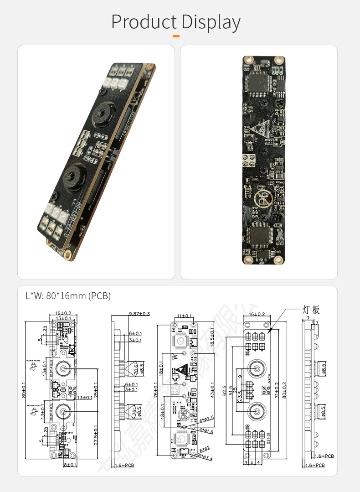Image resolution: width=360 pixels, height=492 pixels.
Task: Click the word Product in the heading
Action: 144,22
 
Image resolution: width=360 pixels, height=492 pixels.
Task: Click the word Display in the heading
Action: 211,22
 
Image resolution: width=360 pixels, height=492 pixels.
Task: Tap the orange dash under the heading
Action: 176,36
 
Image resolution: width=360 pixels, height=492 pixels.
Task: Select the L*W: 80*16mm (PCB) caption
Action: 68,296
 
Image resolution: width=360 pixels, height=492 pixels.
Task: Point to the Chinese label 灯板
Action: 311,310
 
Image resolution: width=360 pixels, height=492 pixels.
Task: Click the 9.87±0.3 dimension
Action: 134,314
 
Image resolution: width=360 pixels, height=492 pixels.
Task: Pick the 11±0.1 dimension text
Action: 185,316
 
